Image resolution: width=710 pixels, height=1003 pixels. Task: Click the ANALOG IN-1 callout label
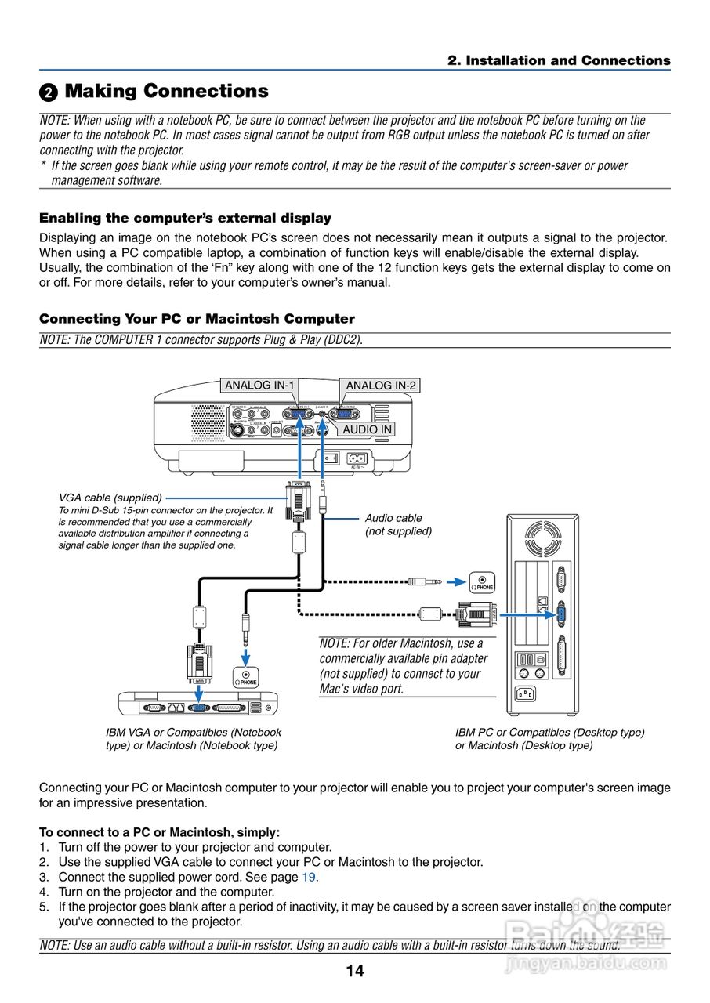[x=259, y=386]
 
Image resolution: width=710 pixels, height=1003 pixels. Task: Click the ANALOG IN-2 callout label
[x=381, y=386]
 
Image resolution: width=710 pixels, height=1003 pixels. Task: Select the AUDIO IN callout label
[x=368, y=429]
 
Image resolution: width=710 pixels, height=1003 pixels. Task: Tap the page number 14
[x=355, y=972]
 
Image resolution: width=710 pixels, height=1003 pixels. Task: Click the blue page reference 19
[x=310, y=877]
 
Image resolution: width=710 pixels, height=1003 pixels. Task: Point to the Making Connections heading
[x=166, y=92]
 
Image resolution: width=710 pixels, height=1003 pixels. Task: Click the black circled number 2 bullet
[x=49, y=92]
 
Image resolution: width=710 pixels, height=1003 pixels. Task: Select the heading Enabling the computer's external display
[x=185, y=219]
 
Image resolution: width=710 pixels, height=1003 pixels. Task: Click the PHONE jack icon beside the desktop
[x=482, y=582]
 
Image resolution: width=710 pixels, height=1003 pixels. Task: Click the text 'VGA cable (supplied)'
[x=110, y=498]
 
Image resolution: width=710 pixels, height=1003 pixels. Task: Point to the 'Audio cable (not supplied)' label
[x=398, y=525]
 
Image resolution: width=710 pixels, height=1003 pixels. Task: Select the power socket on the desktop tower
[x=524, y=693]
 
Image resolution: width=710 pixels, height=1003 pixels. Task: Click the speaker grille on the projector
[x=208, y=422]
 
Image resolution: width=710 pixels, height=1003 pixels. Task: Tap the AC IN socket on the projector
[x=358, y=458]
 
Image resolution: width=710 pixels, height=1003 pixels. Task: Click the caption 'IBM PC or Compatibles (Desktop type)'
[x=549, y=733]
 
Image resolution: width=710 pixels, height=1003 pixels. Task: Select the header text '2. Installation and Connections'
[x=559, y=61]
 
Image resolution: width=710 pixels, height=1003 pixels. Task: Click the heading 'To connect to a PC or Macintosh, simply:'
[x=159, y=832]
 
